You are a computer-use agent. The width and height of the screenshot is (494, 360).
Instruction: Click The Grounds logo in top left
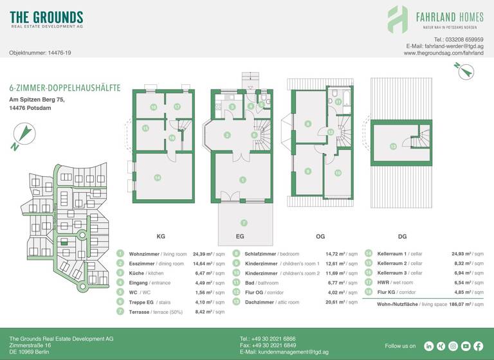(46, 19)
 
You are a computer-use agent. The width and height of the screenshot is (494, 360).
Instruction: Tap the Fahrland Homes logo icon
(397, 19)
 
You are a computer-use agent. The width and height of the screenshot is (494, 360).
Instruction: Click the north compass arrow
(23, 136)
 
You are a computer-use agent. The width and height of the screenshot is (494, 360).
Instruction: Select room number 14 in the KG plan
(157, 177)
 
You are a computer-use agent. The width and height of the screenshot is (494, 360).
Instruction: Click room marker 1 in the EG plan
(242, 180)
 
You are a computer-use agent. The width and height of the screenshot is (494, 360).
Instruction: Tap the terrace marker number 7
(244, 222)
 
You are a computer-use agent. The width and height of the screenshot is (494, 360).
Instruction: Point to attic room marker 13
(392, 146)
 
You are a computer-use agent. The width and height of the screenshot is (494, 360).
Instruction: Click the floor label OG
(320, 237)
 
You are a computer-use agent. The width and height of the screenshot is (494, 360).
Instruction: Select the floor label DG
(403, 237)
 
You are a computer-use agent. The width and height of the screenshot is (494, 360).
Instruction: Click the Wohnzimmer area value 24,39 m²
(208, 254)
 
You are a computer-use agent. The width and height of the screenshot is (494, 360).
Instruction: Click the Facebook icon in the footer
(477, 346)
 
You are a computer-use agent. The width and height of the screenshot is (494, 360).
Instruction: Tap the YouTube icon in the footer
(465, 346)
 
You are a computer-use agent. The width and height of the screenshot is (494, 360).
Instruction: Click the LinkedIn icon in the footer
(429, 346)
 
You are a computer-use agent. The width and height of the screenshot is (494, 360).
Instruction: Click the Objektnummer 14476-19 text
(40, 53)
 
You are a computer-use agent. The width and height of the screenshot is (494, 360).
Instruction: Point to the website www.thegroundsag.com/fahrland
(443, 53)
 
